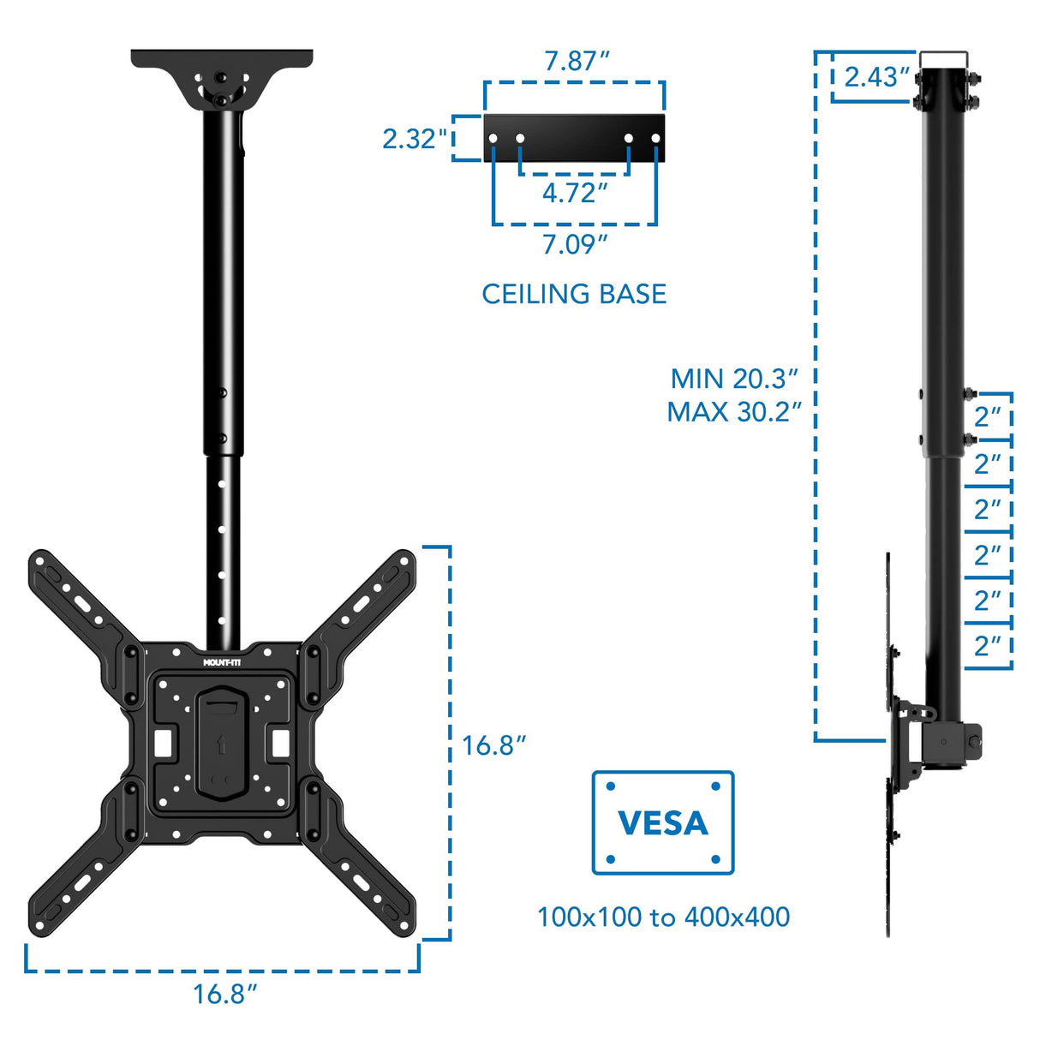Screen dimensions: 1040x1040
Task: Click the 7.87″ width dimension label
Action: pos(577,62)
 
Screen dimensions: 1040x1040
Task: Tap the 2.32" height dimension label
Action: pos(415,139)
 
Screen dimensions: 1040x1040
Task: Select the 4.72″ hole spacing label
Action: pos(574,194)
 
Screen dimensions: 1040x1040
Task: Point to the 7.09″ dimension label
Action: pos(574,245)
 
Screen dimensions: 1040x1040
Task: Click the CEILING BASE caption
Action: pos(574,294)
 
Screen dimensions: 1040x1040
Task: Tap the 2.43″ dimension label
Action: pos(876,77)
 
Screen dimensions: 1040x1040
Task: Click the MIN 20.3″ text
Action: pos(734,379)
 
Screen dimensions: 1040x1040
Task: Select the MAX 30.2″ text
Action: pos(734,412)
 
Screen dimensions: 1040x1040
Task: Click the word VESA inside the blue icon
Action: pos(663,823)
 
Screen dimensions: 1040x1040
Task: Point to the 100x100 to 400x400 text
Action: pos(663,917)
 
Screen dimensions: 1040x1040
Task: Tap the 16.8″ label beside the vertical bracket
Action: pos(493,745)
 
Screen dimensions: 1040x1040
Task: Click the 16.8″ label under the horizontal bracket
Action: pos(224,995)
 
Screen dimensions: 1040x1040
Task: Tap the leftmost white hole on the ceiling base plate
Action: pos(493,138)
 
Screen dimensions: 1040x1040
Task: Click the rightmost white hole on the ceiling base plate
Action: pos(656,138)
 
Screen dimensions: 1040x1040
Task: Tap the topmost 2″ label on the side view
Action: pos(988,417)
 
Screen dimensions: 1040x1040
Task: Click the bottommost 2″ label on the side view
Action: pos(988,646)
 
